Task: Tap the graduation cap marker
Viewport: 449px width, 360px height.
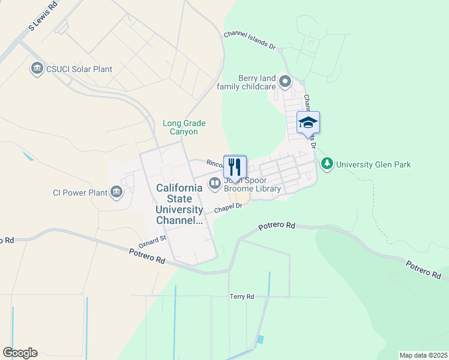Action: pos(308,123)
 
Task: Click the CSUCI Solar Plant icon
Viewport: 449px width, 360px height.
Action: pos(37,69)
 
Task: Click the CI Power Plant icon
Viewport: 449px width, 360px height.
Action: pos(116,193)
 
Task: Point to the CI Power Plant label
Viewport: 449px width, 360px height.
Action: pos(79,193)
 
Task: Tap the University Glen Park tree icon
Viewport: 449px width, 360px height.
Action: pos(327,164)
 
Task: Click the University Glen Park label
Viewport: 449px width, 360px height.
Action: pos(373,164)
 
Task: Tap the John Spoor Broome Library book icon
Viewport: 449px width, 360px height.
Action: pos(214,183)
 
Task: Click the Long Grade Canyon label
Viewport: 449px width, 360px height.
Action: pos(180,127)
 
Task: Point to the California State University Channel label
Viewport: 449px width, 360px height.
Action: pos(179,204)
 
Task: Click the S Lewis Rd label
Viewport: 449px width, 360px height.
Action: pos(43,17)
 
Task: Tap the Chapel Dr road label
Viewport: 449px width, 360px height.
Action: pos(228,207)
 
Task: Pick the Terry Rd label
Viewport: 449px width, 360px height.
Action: pos(242,296)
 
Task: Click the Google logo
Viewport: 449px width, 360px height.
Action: pos(20,353)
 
